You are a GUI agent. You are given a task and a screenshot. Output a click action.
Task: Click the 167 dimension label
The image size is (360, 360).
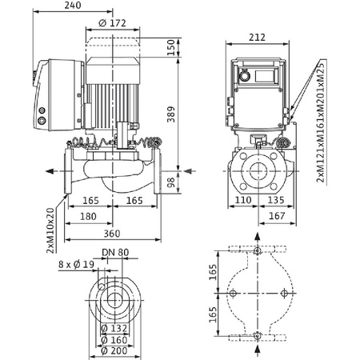tap(275, 217)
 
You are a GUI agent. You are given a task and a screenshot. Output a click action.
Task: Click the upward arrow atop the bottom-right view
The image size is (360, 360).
tap(256, 238)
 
